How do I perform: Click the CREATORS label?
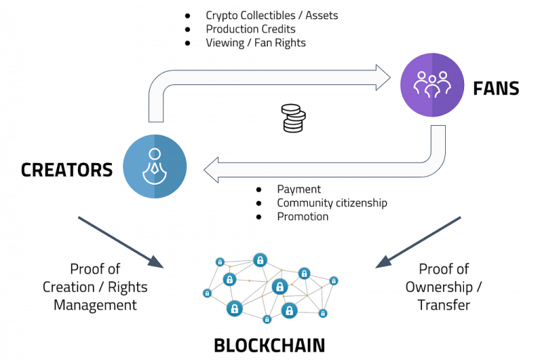67,169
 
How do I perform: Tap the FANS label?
496,88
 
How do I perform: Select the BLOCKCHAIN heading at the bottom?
269,345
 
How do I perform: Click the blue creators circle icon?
155,167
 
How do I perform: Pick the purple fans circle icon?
432,86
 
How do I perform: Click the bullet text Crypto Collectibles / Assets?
272,15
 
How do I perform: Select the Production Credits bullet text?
250,29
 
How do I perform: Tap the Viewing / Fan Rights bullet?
255,43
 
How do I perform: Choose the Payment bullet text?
299,189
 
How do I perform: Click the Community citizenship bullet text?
332,203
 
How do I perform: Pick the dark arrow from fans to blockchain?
418,242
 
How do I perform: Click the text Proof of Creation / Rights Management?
95,287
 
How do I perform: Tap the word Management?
95,305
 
